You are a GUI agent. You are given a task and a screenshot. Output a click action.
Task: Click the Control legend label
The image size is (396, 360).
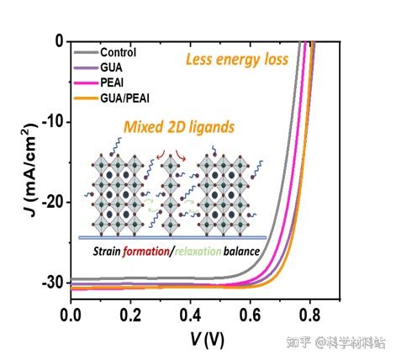pyautogui.click(x=118, y=50)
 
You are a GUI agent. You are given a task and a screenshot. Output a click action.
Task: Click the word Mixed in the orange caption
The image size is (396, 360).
pyautogui.click(x=142, y=128)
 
